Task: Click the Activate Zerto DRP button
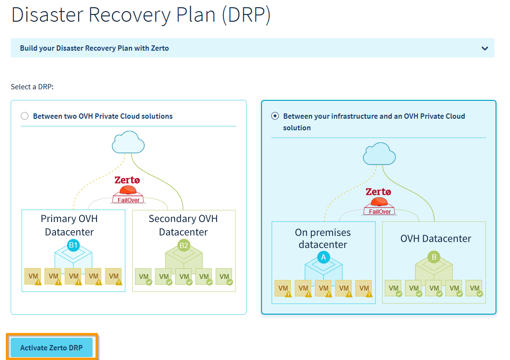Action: point(52,347)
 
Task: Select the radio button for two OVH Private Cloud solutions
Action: point(25,116)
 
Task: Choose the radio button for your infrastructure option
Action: point(275,116)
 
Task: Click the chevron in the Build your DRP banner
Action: point(484,48)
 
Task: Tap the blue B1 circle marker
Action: point(73,245)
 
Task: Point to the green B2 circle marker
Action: point(184,245)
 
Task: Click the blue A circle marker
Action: point(323,257)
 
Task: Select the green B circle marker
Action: point(434,257)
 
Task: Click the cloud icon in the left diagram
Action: point(128,143)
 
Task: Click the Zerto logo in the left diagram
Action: point(127,180)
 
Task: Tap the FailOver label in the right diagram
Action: point(380,211)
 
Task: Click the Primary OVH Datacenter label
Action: point(69,225)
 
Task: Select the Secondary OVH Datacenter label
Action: point(183,225)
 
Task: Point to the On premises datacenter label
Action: point(323,238)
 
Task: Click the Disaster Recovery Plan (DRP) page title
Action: point(141,15)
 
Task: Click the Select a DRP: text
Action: point(32,87)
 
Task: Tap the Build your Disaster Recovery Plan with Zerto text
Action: point(95,48)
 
